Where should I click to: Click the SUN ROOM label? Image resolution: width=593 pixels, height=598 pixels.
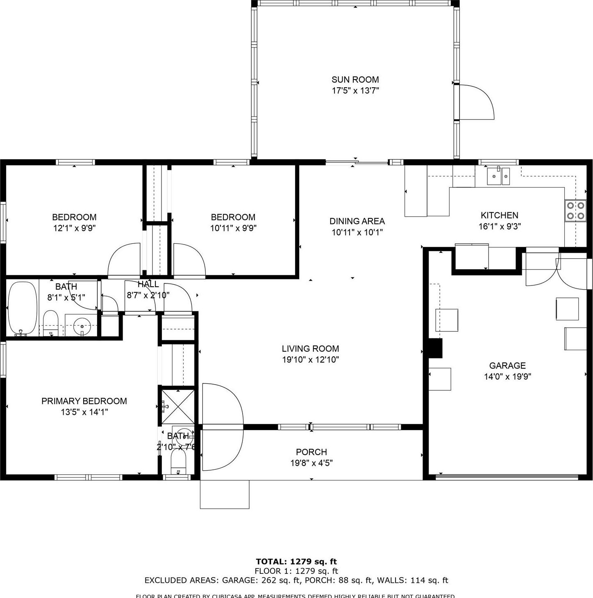click(x=355, y=79)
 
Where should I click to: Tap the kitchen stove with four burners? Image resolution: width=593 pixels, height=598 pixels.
click(x=575, y=211)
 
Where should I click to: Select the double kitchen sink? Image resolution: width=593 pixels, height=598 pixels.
click(x=498, y=177)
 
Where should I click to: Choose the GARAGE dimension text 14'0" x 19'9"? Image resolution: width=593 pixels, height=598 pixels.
click(x=507, y=376)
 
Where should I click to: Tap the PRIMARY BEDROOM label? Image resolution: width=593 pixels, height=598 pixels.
click(x=84, y=401)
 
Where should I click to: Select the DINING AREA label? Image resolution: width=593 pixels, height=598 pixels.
click(x=357, y=221)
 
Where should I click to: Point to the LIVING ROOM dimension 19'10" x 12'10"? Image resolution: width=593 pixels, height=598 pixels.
click(x=310, y=360)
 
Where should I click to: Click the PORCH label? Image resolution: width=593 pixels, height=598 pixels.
click(x=311, y=452)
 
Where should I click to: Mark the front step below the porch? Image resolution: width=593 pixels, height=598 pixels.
click(x=225, y=494)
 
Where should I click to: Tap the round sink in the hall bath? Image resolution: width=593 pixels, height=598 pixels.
click(x=82, y=326)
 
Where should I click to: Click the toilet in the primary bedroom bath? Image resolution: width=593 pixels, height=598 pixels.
click(x=178, y=462)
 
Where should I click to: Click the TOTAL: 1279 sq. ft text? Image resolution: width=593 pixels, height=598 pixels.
click(x=296, y=562)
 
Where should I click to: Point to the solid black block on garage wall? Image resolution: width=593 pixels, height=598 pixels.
click(x=435, y=348)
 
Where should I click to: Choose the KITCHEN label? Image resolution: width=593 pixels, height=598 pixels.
click(x=499, y=215)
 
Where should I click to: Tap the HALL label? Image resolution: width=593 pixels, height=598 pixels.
click(x=148, y=284)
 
